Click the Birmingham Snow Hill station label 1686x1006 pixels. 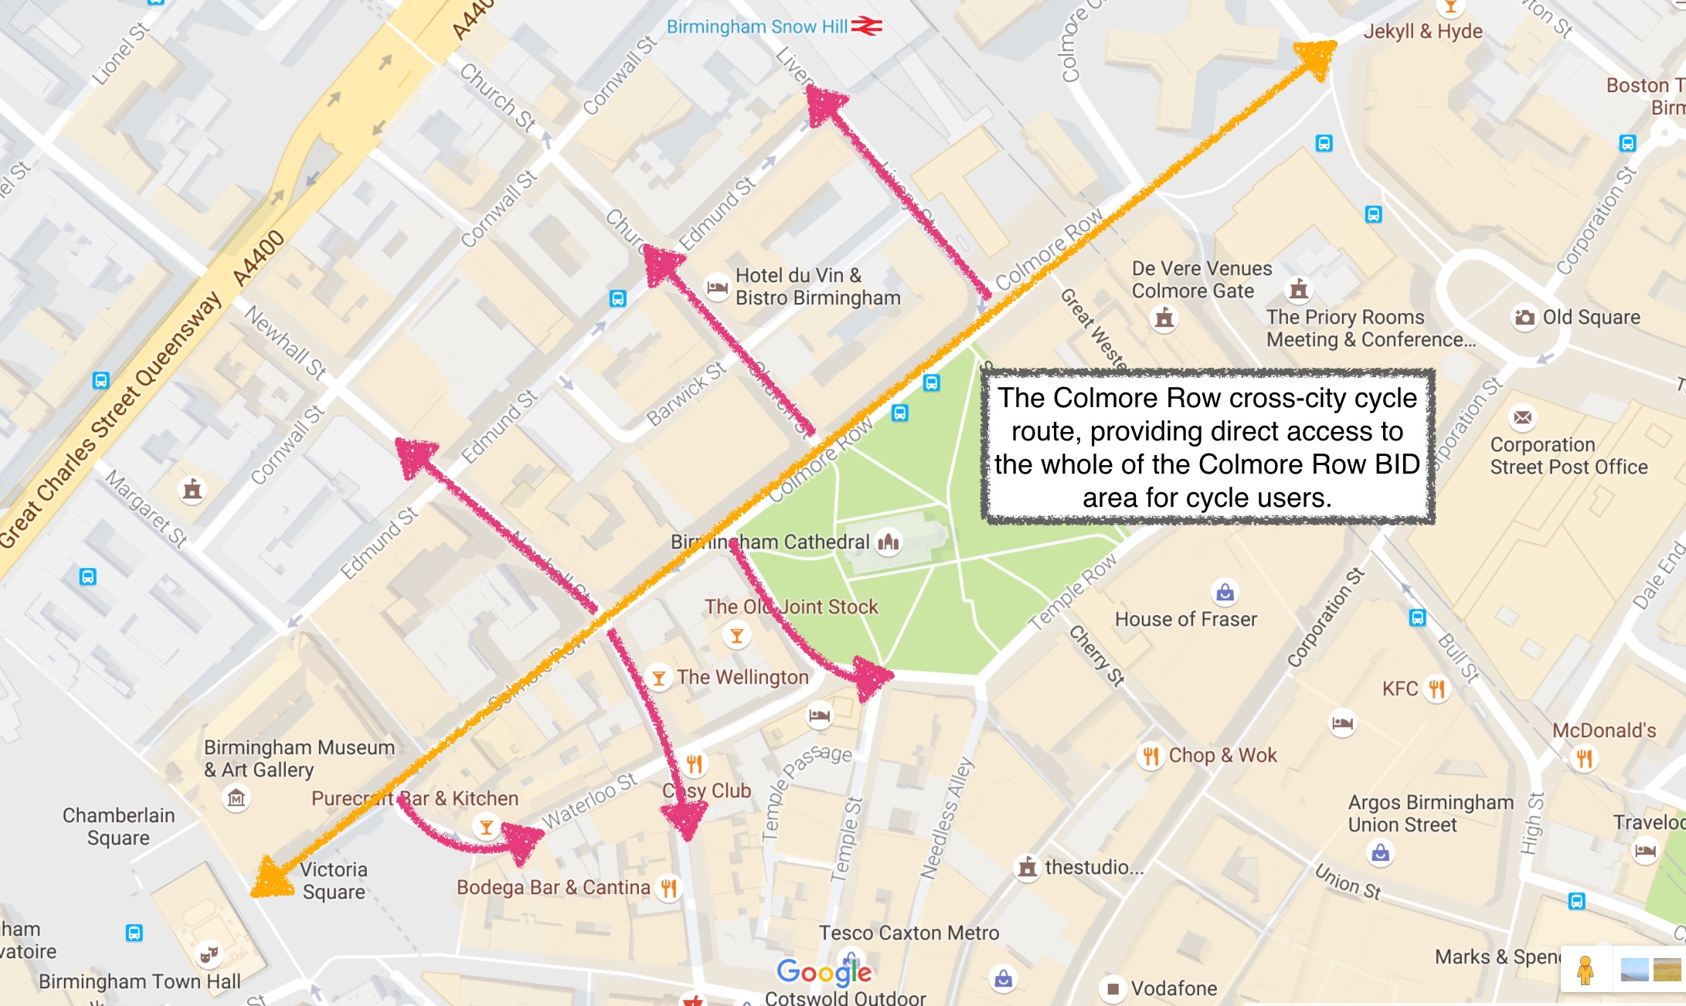point(756,27)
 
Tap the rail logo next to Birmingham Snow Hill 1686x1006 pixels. point(866,27)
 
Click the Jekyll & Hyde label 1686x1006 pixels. point(1423,32)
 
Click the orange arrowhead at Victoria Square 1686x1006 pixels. point(270,879)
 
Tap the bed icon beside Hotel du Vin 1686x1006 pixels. point(717,287)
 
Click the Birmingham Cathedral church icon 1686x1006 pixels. point(889,542)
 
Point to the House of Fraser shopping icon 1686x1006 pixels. point(1225,593)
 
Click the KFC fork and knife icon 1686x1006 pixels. point(1436,688)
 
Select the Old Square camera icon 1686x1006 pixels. point(1525,318)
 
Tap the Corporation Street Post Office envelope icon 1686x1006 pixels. point(1522,418)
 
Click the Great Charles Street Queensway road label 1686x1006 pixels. point(108,421)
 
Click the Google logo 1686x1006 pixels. point(824,972)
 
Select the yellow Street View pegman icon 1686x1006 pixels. point(1585,970)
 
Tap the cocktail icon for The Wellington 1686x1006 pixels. point(658,678)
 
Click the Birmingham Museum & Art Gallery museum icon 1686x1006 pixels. point(236,797)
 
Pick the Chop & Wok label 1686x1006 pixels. point(1222,756)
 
